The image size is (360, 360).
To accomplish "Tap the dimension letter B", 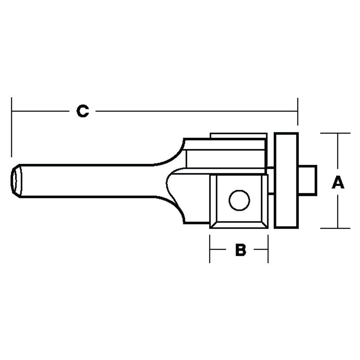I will [x=240, y=249].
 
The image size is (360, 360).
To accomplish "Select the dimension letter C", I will [x=83, y=111].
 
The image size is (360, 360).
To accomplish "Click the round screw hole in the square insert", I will [x=239, y=201].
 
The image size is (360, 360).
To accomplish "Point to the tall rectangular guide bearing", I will [x=286, y=180].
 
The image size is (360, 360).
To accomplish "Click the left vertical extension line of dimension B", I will [x=210, y=248].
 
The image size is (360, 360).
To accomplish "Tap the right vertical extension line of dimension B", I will [x=268, y=248].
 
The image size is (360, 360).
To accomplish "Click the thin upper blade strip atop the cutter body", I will [x=238, y=136].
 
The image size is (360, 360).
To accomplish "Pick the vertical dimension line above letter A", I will [x=338, y=155].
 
